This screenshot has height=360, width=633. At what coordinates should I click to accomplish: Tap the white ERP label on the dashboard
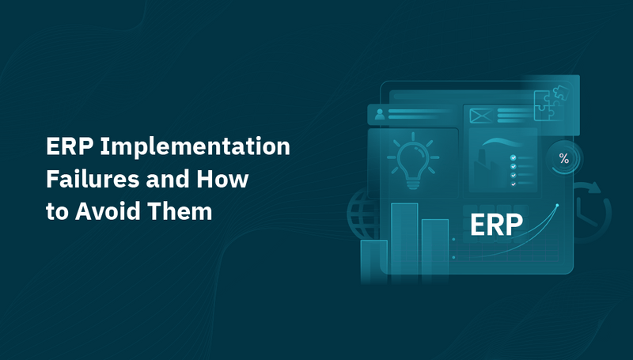(x=496, y=225)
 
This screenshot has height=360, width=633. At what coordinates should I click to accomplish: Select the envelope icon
(x=481, y=116)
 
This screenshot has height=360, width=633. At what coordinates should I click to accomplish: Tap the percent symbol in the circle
(x=563, y=159)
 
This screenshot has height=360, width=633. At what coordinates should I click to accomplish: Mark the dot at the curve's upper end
(x=557, y=206)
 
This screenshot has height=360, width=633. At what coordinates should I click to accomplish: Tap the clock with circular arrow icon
(x=592, y=207)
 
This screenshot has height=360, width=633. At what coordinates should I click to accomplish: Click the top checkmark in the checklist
(x=514, y=157)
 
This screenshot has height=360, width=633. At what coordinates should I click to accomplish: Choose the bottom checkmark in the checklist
(x=514, y=183)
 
